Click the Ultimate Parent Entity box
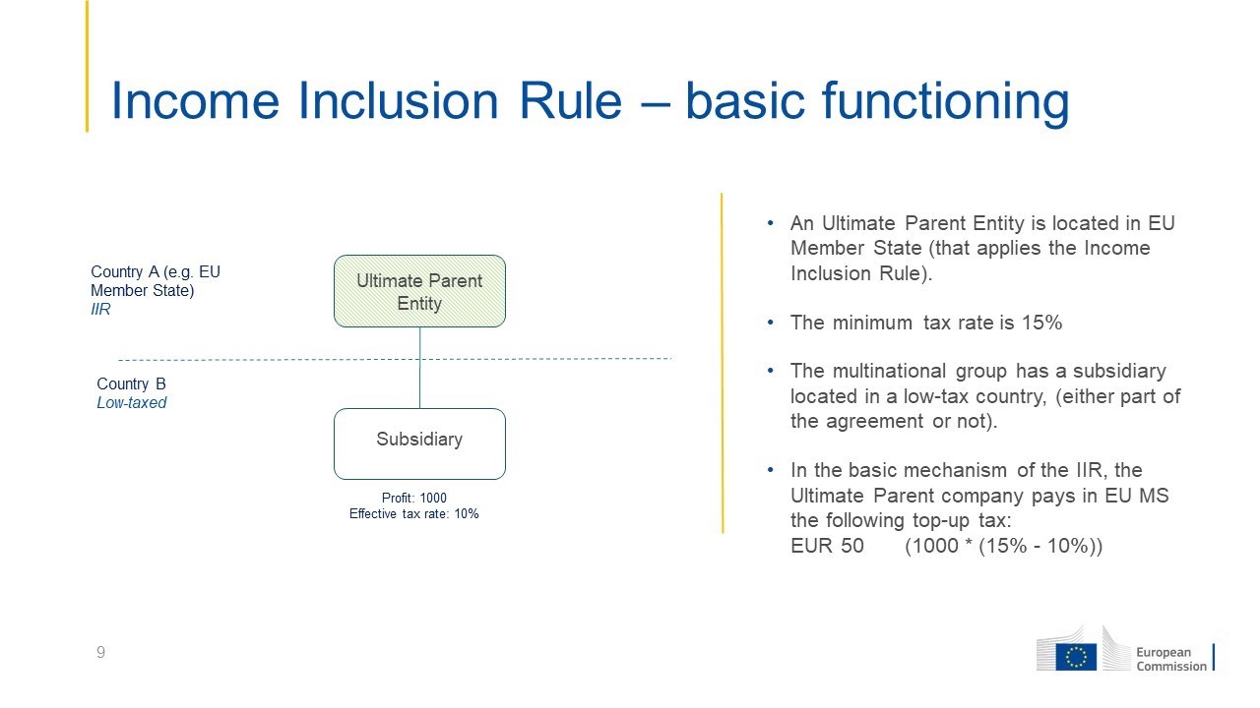(x=419, y=291)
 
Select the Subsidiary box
(x=419, y=443)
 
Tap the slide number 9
(x=100, y=652)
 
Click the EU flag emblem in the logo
(x=1076, y=657)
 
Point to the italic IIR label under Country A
(x=100, y=309)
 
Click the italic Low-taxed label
(x=132, y=402)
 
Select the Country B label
(x=131, y=383)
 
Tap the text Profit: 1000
(x=414, y=498)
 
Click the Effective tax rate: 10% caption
(x=414, y=513)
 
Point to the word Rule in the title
(x=570, y=101)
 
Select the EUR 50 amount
(x=827, y=546)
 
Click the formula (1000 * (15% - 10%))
(x=1004, y=546)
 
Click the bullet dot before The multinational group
(x=771, y=371)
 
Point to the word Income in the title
(x=195, y=101)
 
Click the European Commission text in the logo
(x=1171, y=659)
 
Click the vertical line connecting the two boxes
(x=419, y=368)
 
